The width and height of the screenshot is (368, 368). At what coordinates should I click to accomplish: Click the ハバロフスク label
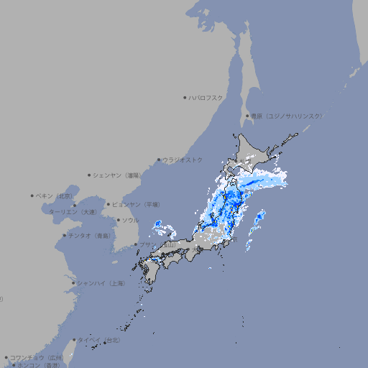tap(206, 97)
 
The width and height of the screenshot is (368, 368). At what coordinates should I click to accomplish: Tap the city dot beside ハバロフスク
tap(185, 97)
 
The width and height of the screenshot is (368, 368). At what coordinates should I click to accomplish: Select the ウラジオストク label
tap(183, 160)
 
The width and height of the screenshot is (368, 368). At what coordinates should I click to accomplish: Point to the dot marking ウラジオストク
tap(159, 160)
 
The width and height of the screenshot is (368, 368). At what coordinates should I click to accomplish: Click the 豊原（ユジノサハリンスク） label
tap(286, 116)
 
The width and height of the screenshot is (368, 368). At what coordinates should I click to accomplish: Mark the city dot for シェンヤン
tap(89, 175)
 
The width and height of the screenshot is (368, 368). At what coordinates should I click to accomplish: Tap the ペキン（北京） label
tap(55, 195)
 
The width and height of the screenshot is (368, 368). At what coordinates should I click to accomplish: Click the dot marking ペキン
tap(32, 195)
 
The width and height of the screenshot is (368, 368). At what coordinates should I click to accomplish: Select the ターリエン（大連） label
tap(73, 213)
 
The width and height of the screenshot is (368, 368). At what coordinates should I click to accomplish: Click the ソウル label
tap(130, 220)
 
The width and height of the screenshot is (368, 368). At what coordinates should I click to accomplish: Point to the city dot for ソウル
tap(117, 220)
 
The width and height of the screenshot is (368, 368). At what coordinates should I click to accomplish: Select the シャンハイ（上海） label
tap(101, 283)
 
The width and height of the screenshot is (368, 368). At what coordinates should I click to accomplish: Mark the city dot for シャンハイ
tap(73, 283)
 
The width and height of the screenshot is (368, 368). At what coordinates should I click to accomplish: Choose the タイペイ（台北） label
tap(100, 340)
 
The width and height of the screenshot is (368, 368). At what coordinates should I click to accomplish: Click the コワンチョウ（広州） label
tap(37, 357)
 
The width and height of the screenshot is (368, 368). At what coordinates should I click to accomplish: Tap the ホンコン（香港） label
tap(39, 365)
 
